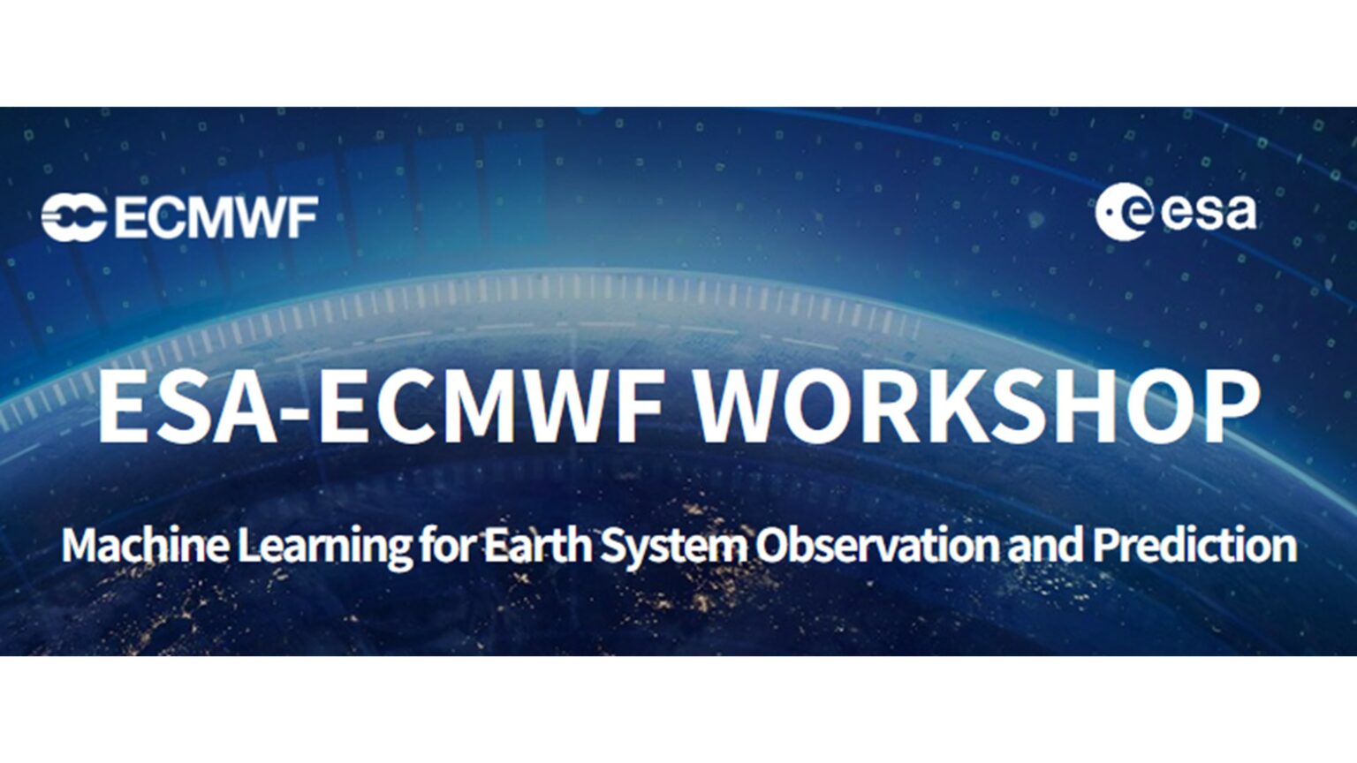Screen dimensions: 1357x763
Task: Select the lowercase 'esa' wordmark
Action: click(x=1206, y=213)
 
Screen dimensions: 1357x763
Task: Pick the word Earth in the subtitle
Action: click(x=527, y=546)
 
